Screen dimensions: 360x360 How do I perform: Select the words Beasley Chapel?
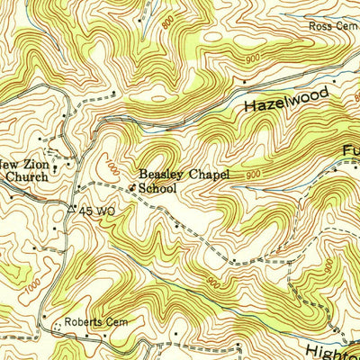(184, 175)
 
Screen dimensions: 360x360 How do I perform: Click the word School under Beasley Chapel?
(157, 189)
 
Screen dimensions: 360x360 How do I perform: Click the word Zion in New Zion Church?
(35, 162)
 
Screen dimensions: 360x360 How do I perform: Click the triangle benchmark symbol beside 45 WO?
(72, 210)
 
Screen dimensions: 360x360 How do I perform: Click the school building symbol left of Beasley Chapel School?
(132, 187)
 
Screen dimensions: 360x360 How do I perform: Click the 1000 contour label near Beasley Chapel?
(109, 168)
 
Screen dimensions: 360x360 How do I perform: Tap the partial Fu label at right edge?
(349, 149)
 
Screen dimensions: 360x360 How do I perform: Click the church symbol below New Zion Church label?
(56, 167)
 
